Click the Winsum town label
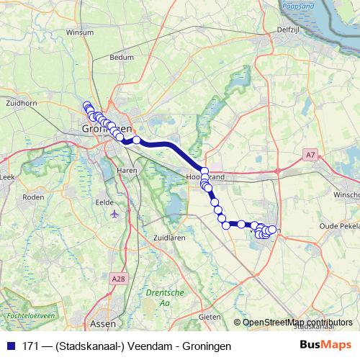tap(76, 32)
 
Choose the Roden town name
tap(33, 196)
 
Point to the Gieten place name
tap(210, 316)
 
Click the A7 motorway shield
tap(310, 154)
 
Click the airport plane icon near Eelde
tap(114, 214)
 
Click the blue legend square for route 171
tap(11, 346)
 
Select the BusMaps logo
tap(325, 346)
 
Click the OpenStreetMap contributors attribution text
tap(298, 323)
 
